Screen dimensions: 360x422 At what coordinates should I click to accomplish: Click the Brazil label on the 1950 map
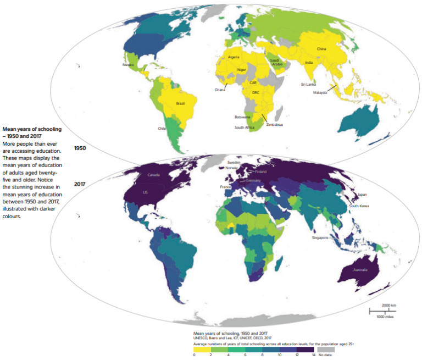pos(180,103)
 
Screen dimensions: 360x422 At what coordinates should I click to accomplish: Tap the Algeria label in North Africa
pos(234,57)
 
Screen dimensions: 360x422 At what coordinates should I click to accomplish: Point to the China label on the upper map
pos(322,49)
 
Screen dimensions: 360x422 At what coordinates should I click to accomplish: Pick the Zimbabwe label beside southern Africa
pos(275,125)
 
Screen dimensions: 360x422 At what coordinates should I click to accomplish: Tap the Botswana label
pos(242,117)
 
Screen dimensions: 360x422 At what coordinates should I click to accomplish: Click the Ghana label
pos(220,90)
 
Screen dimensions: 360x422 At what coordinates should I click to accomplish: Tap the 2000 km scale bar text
pos(389,304)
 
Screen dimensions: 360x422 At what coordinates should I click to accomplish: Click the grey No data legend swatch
pos(325,349)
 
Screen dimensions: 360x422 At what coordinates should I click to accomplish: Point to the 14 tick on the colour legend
pos(313,355)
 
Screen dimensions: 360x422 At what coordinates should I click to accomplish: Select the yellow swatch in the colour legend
pos(201,349)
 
